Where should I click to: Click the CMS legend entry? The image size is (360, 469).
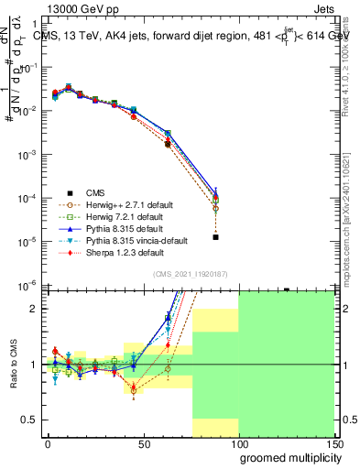coord(95,192)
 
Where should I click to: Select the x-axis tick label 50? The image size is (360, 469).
coord(144,444)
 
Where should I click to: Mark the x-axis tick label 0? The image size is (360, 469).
coord(48,444)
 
